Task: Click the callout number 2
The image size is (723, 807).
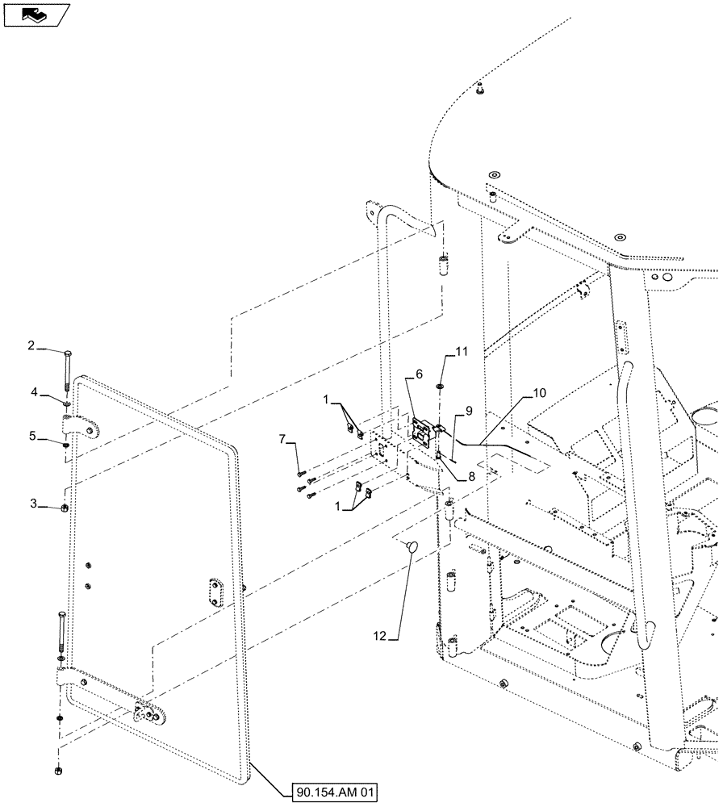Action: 53,346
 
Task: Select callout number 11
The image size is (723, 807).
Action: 461,351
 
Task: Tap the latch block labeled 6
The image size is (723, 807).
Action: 421,430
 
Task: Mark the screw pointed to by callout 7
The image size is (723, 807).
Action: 300,474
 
